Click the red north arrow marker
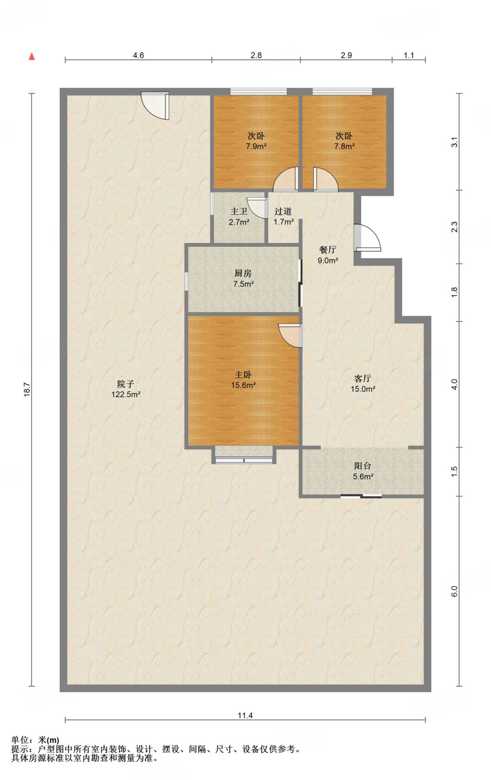click(x=32, y=56)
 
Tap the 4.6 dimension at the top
click(x=138, y=55)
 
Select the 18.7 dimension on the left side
click(x=27, y=390)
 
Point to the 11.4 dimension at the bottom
click(x=245, y=715)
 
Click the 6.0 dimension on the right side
click(x=454, y=591)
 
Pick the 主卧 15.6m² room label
click(x=243, y=380)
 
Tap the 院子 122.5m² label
click(x=126, y=389)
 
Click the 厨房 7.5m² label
click(x=243, y=278)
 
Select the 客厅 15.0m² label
click(x=363, y=384)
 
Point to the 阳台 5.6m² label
click(x=363, y=471)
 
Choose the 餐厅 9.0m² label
click(x=328, y=255)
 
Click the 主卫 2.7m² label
click(x=239, y=217)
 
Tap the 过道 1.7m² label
click(x=283, y=217)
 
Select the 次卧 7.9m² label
click(x=256, y=141)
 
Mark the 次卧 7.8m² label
click(x=344, y=141)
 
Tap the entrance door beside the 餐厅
click(x=367, y=238)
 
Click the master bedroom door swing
click(x=290, y=336)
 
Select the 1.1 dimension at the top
click(x=409, y=55)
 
